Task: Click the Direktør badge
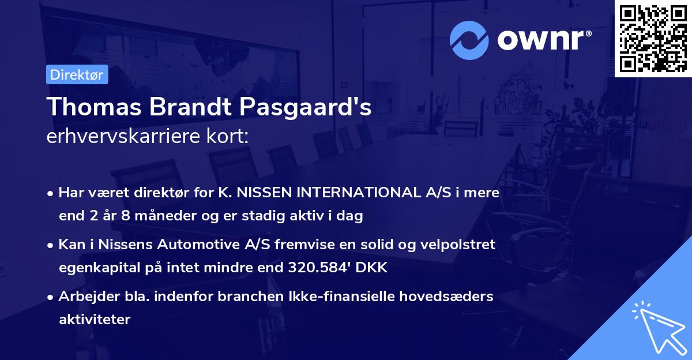tap(77, 74)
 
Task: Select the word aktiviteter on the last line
tap(95, 319)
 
